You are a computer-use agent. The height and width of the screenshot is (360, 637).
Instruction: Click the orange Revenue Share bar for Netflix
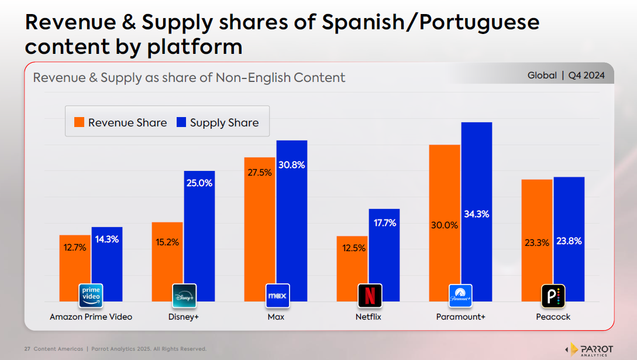click(352, 263)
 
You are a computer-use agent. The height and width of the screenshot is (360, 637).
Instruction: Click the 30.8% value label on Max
click(291, 165)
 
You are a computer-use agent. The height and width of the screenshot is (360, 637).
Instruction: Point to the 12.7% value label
click(75, 248)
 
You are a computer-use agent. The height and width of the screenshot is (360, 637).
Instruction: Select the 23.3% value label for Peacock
click(536, 242)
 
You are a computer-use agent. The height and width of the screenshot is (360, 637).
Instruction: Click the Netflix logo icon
click(370, 296)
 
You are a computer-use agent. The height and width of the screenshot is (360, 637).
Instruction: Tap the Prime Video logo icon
click(91, 296)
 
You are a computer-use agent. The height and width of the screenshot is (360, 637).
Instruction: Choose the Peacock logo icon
click(553, 296)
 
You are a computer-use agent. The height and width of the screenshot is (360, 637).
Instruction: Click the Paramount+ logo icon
click(460, 296)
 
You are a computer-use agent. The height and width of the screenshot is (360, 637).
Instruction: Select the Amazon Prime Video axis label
click(91, 317)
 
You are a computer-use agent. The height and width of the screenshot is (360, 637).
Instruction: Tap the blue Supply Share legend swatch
click(181, 122)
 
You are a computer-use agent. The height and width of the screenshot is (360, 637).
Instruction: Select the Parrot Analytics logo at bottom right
click(591, 349)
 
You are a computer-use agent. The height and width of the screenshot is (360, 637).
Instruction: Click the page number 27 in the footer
click(27, 349)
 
